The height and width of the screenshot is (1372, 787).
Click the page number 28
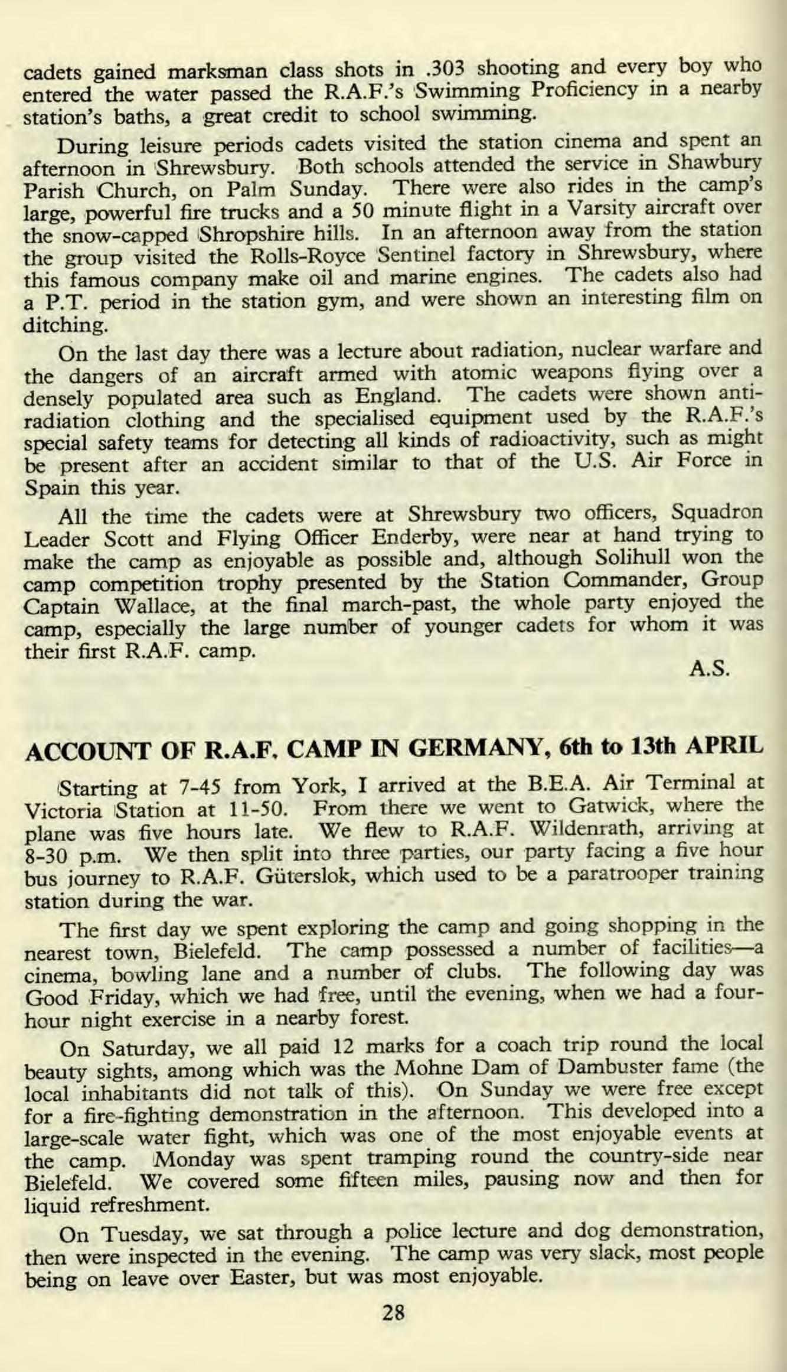[x=394, y=1312]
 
